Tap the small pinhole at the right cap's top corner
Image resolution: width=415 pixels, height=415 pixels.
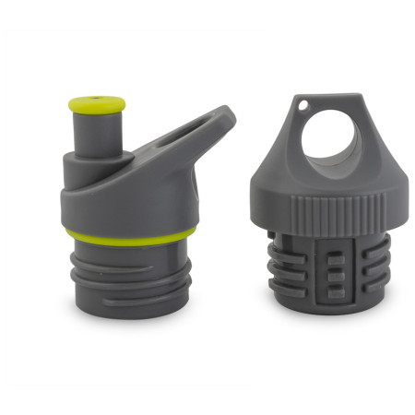302,107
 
